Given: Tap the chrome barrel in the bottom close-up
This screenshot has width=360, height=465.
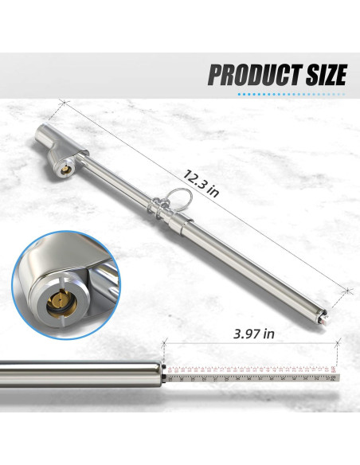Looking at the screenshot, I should [x=80, y=372].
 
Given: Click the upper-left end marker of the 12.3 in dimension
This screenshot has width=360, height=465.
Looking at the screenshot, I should [x=61, y=103].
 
